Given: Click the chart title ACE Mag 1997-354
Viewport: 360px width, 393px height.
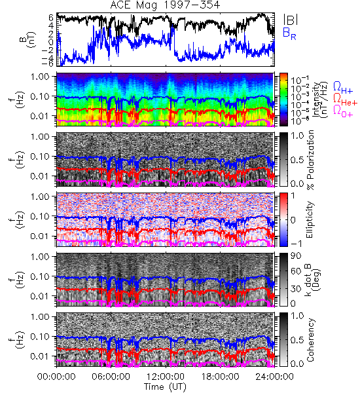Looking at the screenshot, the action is click(x=165, y=5).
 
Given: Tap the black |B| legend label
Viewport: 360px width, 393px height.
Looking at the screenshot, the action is click(x=291, y=20).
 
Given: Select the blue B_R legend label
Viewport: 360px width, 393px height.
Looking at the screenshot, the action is click(x=289, y=33).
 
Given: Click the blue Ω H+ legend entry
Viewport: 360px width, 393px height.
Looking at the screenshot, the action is click(x=343, y=88).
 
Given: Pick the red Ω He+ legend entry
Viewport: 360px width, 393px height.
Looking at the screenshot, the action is click(x=345, y=100).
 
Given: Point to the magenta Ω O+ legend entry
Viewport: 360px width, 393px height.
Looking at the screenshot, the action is click(x=343, y=111).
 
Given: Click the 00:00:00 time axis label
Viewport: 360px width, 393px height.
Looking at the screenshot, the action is click(x=56, y=377).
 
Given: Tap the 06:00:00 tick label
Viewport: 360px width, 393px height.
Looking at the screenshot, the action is click(x=111, y=377).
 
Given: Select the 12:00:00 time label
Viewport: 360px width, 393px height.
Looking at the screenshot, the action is click(x=166, y=377).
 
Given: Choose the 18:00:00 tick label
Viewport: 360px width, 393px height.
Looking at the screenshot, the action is click(x=220, y=377).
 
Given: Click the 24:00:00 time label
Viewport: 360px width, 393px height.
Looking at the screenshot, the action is click(x=274, y=377).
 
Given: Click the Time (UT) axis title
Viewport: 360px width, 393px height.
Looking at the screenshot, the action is click(x=165, y=387).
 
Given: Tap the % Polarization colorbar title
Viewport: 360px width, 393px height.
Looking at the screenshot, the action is click(x=310, y=160).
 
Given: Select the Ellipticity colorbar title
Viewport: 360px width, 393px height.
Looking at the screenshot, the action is click(x=310, y=219).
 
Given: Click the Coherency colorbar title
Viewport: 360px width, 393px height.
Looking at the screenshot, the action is click(x=310, y=340).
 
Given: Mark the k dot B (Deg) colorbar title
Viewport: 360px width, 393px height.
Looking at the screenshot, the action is click(x=313, y=280).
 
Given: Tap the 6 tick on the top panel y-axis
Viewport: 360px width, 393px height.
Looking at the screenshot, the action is click(x=51, y=18).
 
